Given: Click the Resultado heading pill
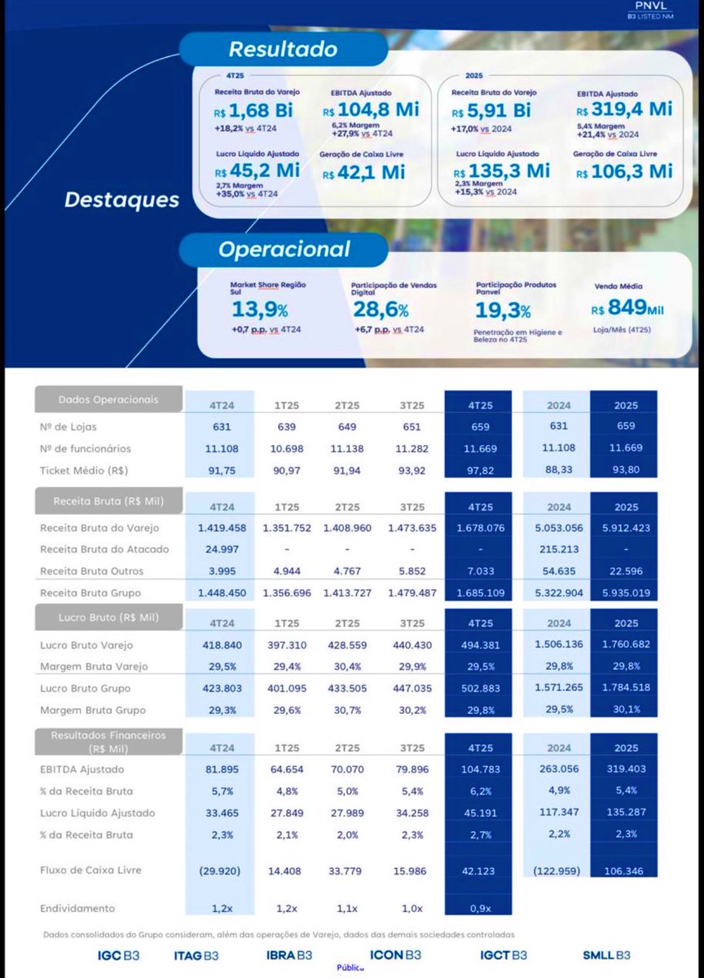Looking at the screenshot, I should (271, 49).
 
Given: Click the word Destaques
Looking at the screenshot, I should (122, 199).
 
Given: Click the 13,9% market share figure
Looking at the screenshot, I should (259, 310).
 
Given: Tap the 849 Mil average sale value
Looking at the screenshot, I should (628, 307).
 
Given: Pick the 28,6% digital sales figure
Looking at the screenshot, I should (381, 310).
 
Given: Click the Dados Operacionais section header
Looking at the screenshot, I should (108, 400).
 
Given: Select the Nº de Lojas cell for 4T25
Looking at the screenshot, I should (477, 426).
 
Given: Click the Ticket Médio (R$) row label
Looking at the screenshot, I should (84, 470).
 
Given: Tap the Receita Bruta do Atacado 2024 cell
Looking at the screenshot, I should (559, 549).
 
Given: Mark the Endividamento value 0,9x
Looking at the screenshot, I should (477, 908).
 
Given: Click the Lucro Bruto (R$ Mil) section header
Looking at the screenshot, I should (108, 617).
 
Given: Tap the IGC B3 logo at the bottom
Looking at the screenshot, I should (114, 955).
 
